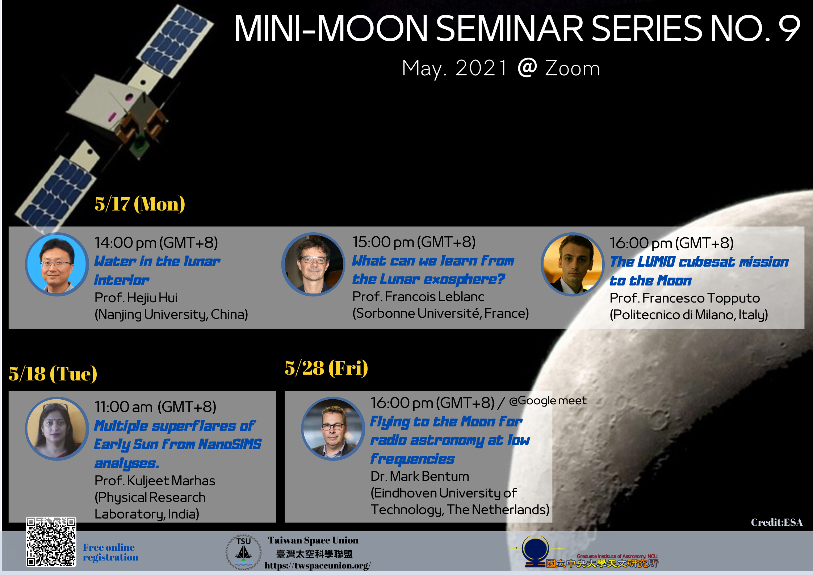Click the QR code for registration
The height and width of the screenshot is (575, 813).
tap(51, 542)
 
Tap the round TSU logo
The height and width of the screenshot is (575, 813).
tap(244, 552)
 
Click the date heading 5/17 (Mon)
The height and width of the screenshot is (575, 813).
tap(140, 204)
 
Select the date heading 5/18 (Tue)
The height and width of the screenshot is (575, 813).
tap(53, 374)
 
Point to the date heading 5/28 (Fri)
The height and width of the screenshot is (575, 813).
tap(326, 368)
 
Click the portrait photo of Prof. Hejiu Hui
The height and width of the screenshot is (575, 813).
tap(57, 264)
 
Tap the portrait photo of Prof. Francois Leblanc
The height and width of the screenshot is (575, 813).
tap(314, 264)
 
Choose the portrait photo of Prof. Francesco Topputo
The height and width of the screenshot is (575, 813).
tap(573, 264)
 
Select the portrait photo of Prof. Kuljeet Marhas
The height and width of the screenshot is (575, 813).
tap(57, 429)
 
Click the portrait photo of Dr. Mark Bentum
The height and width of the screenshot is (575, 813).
tap(333, 429)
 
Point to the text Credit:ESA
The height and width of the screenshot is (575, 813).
tap(777, 522)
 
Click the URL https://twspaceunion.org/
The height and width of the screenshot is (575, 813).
tap(318, 566)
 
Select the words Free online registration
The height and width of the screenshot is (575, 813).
tap(110, 552)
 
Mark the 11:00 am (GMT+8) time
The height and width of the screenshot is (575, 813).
tap(155, 407)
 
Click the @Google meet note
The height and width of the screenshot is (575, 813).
tap(548, 400)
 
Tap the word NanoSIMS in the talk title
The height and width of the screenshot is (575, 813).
tap(230, 444)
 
